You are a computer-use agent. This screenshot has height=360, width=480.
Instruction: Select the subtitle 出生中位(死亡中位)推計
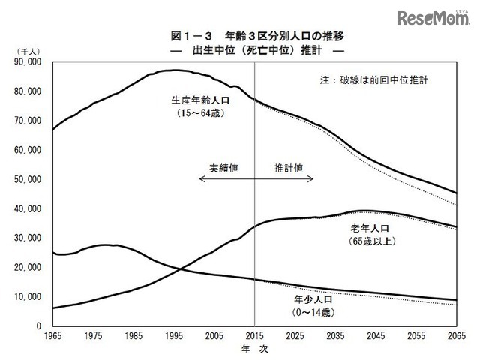tap(247, 50)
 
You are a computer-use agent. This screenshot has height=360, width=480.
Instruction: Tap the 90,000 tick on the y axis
tap(28, 62)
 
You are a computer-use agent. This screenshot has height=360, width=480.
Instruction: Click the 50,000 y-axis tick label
tap(28, 179)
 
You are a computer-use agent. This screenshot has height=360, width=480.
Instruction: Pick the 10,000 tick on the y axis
tap(28, 296)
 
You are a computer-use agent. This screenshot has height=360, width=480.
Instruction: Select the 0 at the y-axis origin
tap(38, 325)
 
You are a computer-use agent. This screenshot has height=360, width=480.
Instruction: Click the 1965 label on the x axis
tap(52, 335)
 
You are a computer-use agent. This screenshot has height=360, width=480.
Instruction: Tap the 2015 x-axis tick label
tap(256, 335)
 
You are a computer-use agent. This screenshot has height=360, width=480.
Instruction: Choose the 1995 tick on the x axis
tap(174, 335)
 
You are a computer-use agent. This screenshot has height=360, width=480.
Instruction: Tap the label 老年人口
tap(372, 228)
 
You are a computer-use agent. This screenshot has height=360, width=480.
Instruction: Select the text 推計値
tap(288, 169)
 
